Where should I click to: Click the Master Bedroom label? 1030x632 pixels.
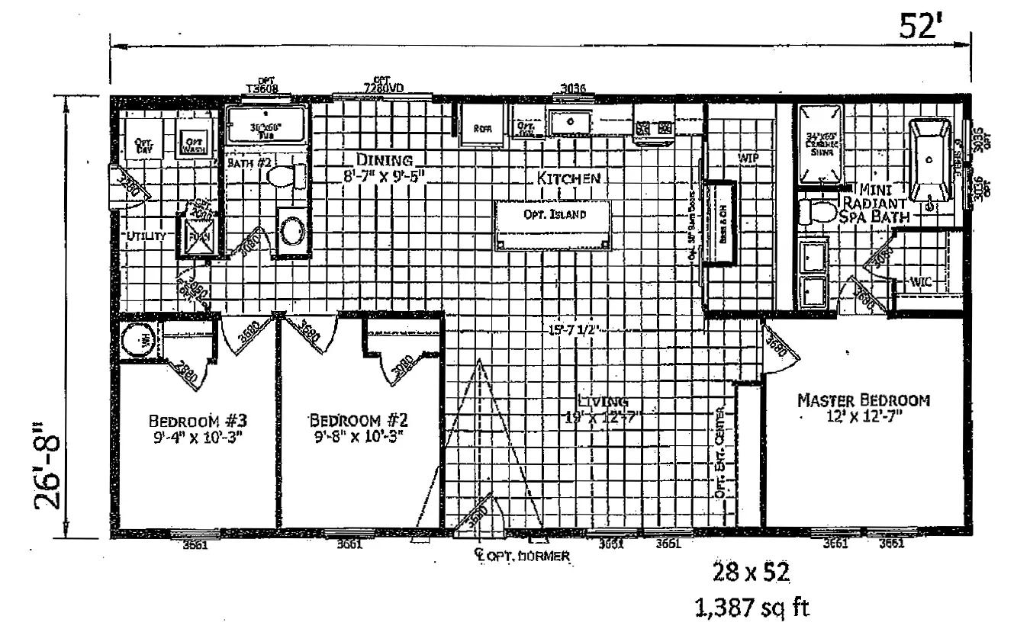click(863, 400)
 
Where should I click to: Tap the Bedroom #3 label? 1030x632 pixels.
click(197, 421)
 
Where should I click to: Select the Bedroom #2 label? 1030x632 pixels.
click(356, 421)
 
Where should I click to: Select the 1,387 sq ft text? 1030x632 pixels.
click(751, 608)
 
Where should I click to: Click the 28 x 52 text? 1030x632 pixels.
click(751, 571)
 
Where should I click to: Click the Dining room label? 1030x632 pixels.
click(385, 160)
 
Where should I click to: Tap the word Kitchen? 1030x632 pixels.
click(568, 178)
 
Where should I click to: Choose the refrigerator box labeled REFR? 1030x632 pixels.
click(482, 127)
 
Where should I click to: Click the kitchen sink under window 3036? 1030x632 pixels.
click(569, 121)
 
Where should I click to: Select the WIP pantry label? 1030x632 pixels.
click(746, 158)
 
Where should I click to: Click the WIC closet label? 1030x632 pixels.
click(921, 282)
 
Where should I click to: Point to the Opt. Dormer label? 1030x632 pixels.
click(526, 556)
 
